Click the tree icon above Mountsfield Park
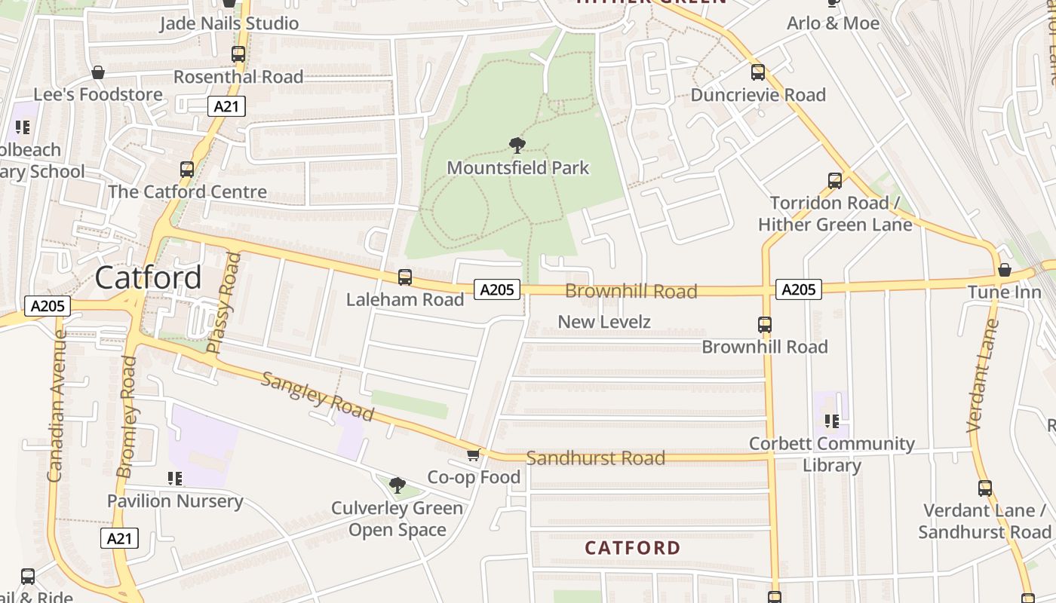(517, 145)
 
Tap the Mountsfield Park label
(517, 167)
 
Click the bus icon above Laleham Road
(405, 277)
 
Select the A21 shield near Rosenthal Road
(226, 106)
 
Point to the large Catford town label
(149, 278)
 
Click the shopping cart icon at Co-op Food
(473, 455)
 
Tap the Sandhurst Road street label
(595, 458)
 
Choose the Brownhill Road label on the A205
(631, 292)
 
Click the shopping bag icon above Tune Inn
(1004, 270)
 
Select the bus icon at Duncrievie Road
(758, 72)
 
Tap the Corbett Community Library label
(831, 455)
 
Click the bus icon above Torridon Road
(834, 181)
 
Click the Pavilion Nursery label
(175, 501)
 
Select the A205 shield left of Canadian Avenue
(48, 306)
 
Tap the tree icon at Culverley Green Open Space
(397, 485)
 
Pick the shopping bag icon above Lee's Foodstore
(97, 72)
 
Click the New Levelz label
(603, 322)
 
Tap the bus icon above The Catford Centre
(187, 170)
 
